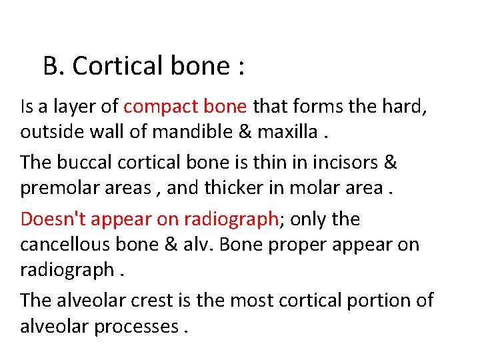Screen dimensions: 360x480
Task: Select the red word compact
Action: (157, 105)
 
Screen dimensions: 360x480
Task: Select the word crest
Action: (155, 300)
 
